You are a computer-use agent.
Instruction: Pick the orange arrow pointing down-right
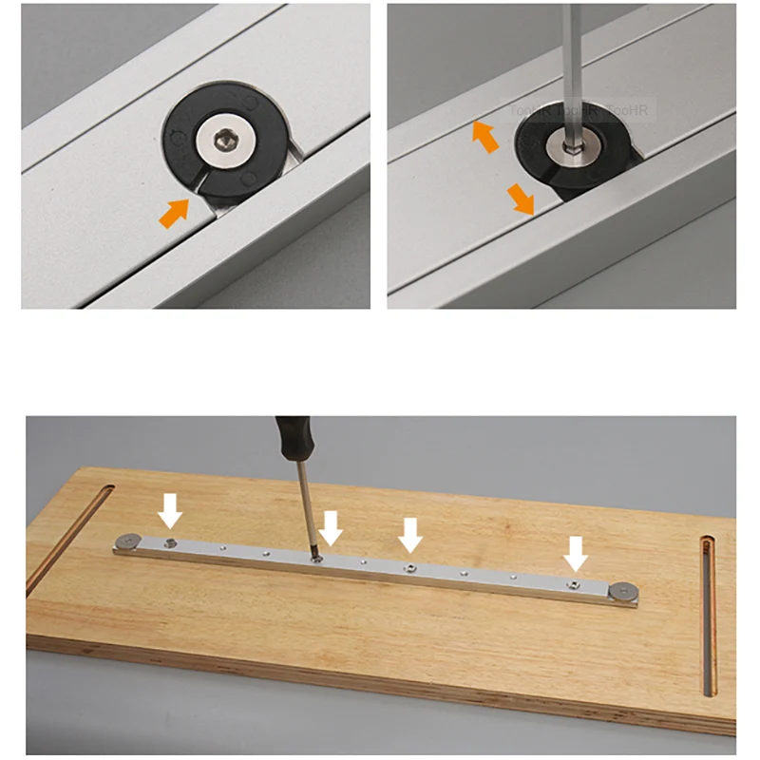(520, 199)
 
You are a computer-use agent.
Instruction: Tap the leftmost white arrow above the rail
(170, 510)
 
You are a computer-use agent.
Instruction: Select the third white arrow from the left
(410, 534)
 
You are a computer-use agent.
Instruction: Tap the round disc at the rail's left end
(127, 542)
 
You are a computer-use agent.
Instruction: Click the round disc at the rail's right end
(621, 592)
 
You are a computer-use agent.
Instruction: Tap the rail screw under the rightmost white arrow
(574, 584)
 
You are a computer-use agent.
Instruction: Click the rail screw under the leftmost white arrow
(169, 542)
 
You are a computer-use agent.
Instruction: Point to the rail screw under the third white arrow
(408, 566)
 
